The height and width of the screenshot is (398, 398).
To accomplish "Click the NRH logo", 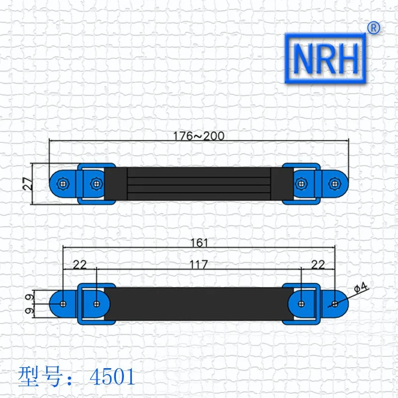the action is coord(325,58).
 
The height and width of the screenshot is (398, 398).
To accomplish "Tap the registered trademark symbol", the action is coord(374,28).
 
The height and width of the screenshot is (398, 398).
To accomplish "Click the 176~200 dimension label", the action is coord(199,136).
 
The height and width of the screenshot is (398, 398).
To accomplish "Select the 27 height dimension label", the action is coord(28,184).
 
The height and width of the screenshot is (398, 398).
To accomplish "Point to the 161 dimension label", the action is coord(199,243).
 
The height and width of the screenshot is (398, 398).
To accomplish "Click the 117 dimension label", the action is coord(199,265).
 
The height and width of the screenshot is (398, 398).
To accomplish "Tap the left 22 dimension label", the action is coord(80,265).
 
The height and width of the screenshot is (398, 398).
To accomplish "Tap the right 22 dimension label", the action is coord(318,265).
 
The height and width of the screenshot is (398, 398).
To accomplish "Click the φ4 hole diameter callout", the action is coord(361,288).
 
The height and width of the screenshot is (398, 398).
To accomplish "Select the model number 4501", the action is coord(112,377).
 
